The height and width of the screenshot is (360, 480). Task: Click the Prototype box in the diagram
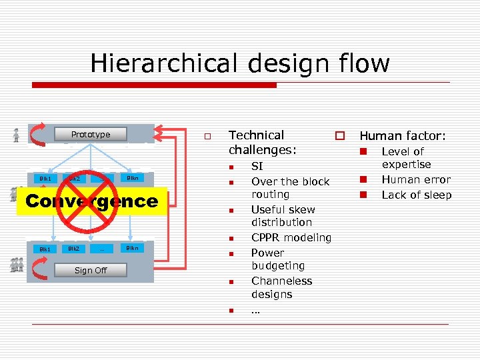point(91,134)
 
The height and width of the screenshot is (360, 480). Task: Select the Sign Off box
point(91,270)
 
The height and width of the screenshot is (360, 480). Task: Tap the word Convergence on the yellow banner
point(92,201)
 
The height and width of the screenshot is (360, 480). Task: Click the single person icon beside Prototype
point(15,135)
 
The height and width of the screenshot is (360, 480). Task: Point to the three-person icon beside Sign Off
point(17,265)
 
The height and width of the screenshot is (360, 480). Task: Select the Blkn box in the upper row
point(132,178)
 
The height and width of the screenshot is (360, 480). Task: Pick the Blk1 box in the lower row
point(45,249)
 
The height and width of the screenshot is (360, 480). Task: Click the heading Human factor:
point(402,136)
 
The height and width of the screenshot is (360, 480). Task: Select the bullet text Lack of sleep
point(416,195)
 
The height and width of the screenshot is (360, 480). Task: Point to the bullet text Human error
point(415,179)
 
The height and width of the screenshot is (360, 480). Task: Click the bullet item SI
point(257,167)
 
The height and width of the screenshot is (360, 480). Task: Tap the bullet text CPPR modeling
point(291,237)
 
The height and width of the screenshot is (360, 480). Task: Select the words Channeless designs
point(281,287)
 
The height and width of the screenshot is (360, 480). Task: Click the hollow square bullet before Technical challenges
point(207,136)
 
